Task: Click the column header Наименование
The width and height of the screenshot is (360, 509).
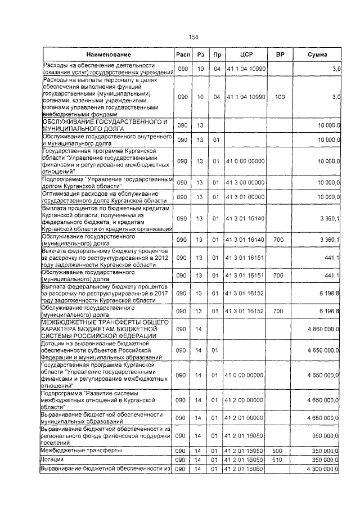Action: (x=109, y=55)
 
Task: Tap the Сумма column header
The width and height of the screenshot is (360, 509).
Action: (x=318, y=55)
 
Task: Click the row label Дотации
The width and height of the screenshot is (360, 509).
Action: (x=53, y=460)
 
